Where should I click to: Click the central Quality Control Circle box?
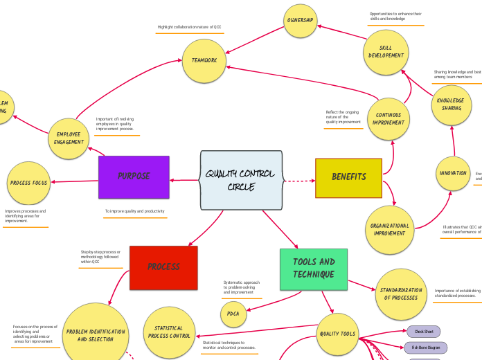[x=240, y=180]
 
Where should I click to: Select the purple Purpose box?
[x=134, y=177]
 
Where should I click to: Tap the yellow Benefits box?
[x=348, y=177]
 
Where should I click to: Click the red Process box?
[x=163, y=267]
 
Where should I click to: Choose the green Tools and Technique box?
[x=314, y=269]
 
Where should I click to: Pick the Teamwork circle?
[x=204, y=61]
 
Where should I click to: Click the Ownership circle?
[x=300, y=21]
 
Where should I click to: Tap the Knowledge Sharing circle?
[x=452, y=104]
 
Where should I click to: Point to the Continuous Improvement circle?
[x=389, y=118]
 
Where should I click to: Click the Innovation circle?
[x=453, y=173]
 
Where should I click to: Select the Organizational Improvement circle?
[x=389, y=229]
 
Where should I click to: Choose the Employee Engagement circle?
[x=69, y=138]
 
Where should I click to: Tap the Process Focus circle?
[x=28, y=183]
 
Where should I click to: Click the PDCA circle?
[x=233, y=314]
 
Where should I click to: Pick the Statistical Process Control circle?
[x=168, y=332]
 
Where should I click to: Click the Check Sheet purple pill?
[x=423, y=332]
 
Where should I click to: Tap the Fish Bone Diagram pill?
[x=426, y=348]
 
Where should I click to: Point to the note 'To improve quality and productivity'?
[x=135, y=211]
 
